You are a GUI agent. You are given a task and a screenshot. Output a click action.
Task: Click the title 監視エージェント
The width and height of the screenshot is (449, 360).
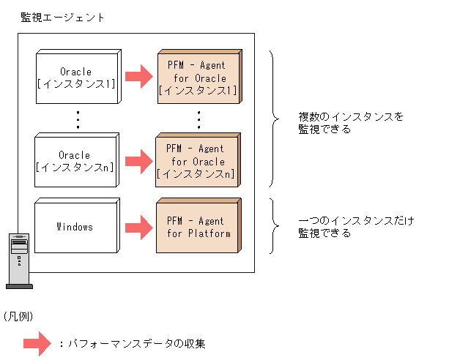pyautogui.click(x=62, y=17)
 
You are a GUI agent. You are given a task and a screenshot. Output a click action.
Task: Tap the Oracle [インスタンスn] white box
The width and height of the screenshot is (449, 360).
pyautogui.click(x=75, y=161)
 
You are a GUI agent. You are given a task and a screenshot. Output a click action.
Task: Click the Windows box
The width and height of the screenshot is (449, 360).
pyautogui.click(x=75, y=227)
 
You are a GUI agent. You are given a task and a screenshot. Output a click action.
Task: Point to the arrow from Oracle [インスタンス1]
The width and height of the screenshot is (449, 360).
pyautogui.click(x=138, y=75)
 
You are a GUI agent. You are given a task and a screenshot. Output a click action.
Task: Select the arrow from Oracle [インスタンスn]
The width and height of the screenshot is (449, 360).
pyautogui.click(x=138, y=159)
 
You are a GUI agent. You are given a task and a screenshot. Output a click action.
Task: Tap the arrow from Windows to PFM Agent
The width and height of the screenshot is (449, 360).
pyautogui.click(x=138, y=227)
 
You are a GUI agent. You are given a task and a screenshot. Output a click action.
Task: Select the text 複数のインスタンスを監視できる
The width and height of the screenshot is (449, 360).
pyautogui.click(x=350, y=123)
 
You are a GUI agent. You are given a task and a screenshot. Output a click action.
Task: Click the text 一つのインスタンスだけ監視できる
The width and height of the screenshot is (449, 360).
pyautogui.click(x=356, y=227)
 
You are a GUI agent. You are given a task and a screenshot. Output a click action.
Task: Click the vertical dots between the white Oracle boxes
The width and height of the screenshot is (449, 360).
pyautogui.click(x=77, y=119)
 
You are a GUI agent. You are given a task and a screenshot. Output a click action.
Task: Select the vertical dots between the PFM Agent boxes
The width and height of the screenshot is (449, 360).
pyautogui.click(x=198, y=119)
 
